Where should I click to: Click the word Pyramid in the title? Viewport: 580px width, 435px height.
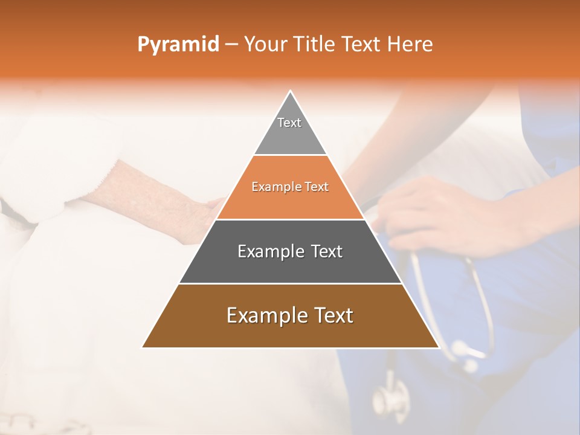(x=178, y=44)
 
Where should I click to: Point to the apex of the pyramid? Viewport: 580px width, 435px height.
(x=291, y=92)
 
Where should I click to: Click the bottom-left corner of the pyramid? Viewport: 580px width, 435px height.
(x=143, y=347)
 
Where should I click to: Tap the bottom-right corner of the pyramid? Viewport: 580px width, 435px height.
(x=438, y=347)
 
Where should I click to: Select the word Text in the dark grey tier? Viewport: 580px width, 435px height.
(x=327, y=251)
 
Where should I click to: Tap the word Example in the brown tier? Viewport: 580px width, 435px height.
(x=266, y=315)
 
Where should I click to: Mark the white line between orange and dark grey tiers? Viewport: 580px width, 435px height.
(x=290, y=219)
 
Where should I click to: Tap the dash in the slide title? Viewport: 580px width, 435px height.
(x=231, y=44)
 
